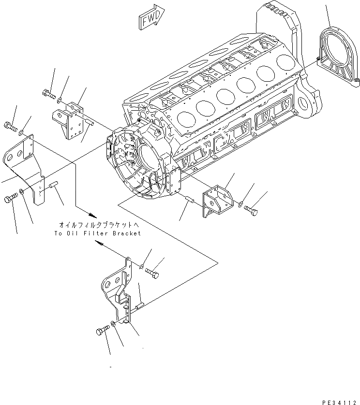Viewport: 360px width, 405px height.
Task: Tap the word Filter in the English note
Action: point(90,233)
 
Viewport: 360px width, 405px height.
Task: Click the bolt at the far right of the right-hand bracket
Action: point(251,211)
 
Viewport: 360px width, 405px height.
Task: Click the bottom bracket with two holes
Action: point(119,290)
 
